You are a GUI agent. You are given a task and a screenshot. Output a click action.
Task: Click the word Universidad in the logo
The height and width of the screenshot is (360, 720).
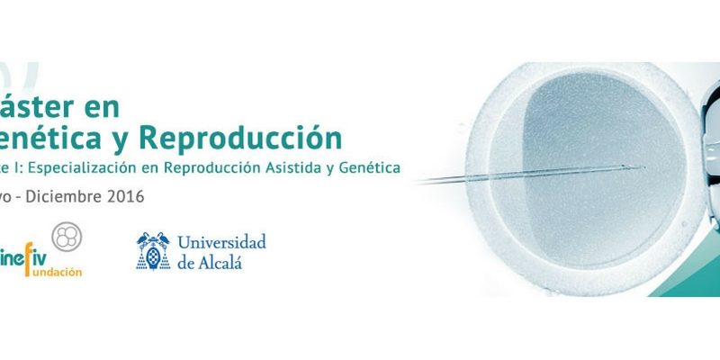pyautogui.click(x=221, y=241)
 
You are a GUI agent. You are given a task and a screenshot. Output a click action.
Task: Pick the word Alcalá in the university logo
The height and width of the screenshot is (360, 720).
pyautogui.click(x=222, y=262)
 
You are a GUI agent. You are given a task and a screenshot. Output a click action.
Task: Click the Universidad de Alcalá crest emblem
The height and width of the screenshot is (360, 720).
pyautogui.click(x=153, y=251)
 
